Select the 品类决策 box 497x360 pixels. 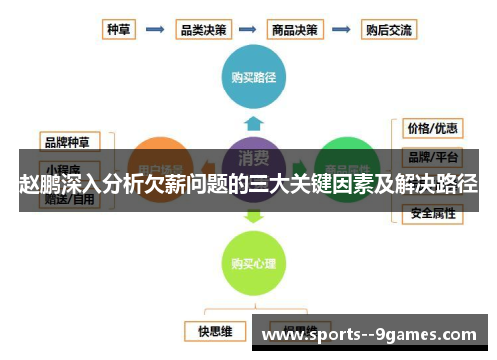[202, 29]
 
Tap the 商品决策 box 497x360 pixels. [295, 29]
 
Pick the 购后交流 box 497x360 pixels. [389, 29]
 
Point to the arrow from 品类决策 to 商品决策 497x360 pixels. [248, 30]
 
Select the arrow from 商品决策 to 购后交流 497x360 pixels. [342, 30]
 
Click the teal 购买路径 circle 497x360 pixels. [252, 77]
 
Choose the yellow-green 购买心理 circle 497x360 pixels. [252, 264]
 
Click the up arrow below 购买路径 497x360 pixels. [253, 123]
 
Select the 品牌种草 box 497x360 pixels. [67, 141]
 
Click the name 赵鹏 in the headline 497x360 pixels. [37, 183]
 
